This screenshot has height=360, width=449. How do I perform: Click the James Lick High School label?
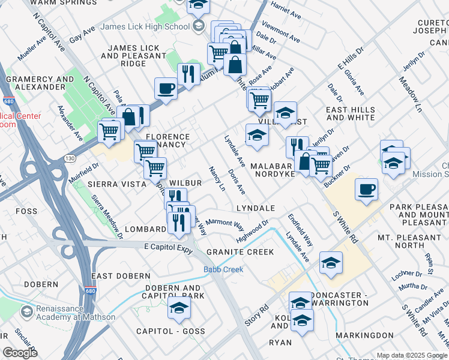(145, 26)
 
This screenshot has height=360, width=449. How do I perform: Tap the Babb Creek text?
(223, 269)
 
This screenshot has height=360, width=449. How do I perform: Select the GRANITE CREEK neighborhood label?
(240, 252)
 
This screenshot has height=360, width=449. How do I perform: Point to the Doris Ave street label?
(237, 181)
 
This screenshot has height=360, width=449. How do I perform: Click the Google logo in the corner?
(20, 353)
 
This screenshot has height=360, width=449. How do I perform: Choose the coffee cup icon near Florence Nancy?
(166, 89)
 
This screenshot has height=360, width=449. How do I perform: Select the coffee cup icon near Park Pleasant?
(366, 189)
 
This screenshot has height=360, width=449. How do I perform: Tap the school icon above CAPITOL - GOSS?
(178, 308)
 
